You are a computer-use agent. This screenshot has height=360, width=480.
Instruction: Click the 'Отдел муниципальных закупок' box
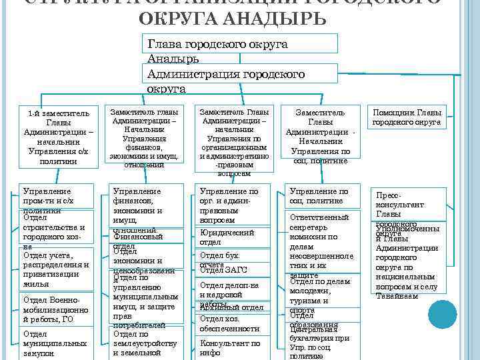pyautogui.click(x=55, y=343)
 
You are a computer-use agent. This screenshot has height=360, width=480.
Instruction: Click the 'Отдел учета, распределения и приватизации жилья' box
pyautogui.click(x=55, y=269)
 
